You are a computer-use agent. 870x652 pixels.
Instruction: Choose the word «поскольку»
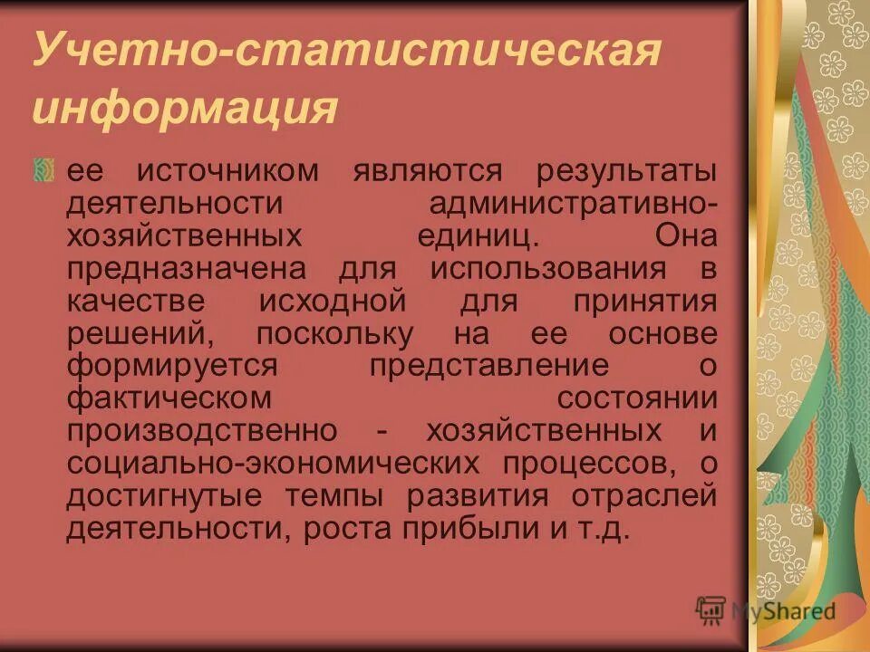(334, 334)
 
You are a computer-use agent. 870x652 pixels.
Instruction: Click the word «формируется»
(171, 366)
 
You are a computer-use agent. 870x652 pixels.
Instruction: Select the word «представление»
(489, 366)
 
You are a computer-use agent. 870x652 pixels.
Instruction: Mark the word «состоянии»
(637, 398)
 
